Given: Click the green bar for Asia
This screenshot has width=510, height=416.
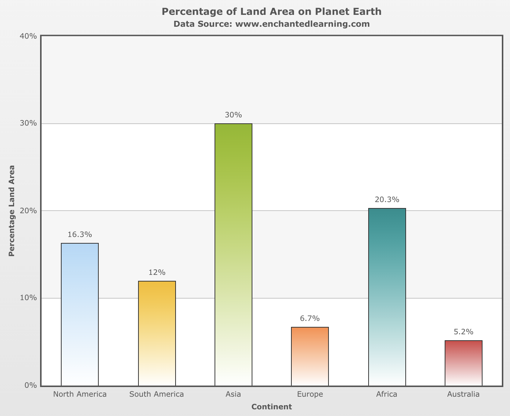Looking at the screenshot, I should click(x=233, y=254).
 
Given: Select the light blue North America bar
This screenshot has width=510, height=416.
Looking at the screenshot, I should click(x=80, y=314).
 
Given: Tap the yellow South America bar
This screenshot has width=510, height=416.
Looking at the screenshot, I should click(x=157, y=333).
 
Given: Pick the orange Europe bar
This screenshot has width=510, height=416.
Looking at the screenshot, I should click(x=310, y=356).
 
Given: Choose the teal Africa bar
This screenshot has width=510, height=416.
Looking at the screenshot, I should click(x=387, y=297).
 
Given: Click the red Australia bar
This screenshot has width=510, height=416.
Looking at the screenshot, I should click(x=464, y=363).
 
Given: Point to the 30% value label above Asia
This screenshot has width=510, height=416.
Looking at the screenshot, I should click(x=233, y=115).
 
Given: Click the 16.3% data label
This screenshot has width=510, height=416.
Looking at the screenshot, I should click(x=80, y=235).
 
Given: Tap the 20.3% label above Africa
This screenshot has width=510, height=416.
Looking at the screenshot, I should click(x=387, y=200).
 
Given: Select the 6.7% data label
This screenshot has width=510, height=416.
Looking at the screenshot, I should click(x=310, y=319).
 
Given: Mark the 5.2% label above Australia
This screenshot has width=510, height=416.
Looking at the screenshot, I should click(x=464, y=332).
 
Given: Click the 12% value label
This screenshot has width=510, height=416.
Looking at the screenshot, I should click(x=157, y=273).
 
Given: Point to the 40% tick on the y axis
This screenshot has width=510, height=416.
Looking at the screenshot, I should click(x=28, y=36).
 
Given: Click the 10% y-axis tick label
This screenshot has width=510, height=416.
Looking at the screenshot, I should click(x=28, y=298).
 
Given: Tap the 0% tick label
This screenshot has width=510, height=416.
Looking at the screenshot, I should click(x=30, y=386).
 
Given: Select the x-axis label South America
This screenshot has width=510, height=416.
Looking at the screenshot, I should click(x=157, y=394).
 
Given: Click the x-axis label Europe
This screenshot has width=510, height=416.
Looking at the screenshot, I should click(x=310, y=394).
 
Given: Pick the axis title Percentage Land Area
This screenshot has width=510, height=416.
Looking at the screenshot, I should click(x=12, y=211).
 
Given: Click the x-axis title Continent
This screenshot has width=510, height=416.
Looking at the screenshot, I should click(x=272, y=407).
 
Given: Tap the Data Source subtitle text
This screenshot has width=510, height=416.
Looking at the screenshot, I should click(x=272, y=24).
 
